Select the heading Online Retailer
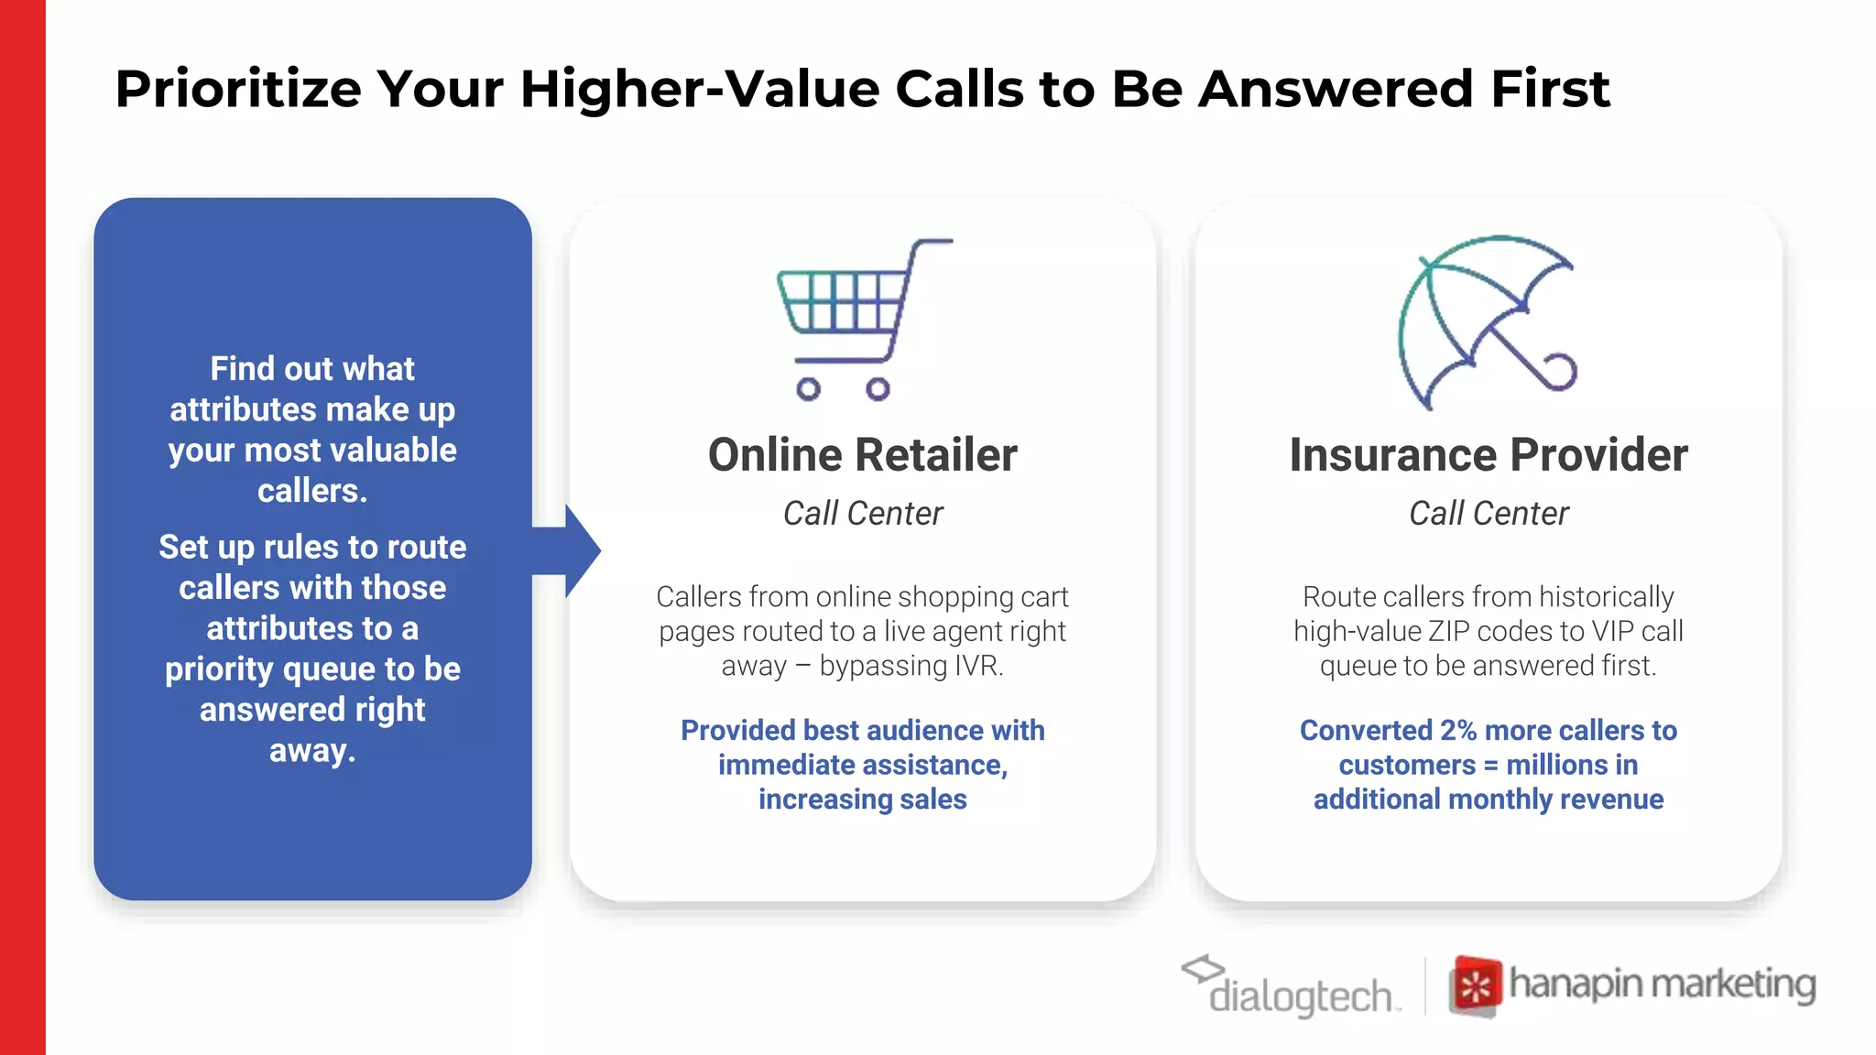coord(862,455)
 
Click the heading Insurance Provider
coord(1488,455)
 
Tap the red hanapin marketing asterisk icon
coord(1475,986)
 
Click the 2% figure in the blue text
coord(1457,730)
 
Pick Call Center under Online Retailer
coord(862,514)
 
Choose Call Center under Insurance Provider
coord(1488,514)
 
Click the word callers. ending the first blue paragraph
coord(312,491)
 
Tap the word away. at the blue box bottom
coord(312,750)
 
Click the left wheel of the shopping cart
coord(808,389)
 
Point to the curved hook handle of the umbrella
coord(1557,371)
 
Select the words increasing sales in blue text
coord(862,799)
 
